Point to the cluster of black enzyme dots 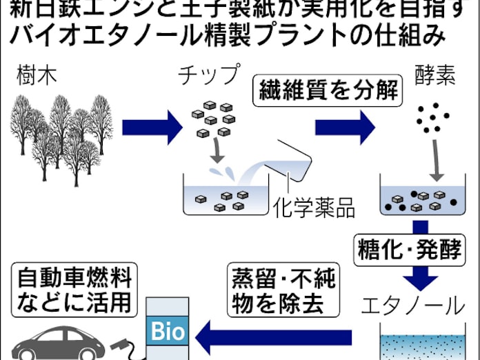[432, 117]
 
